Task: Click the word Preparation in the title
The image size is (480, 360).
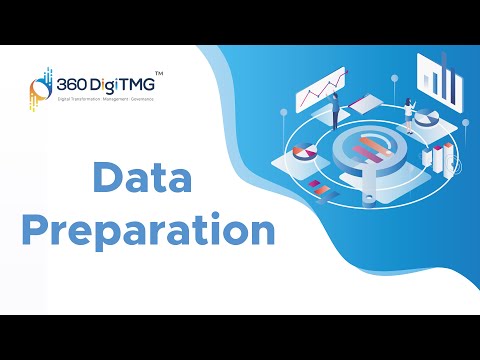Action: click(148, 232)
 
